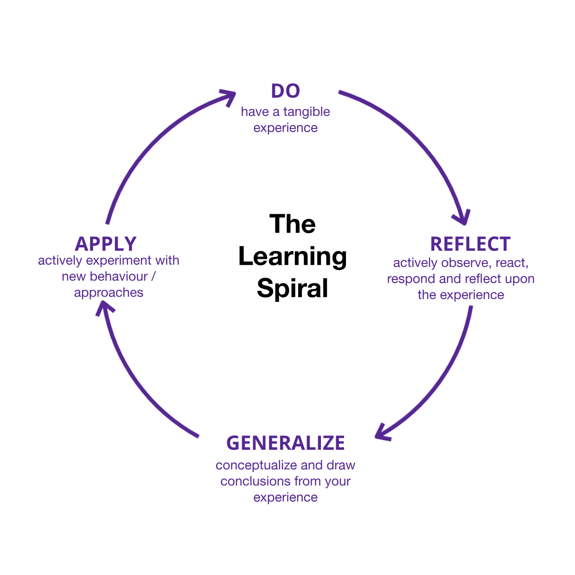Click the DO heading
286,91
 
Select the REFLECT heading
470,244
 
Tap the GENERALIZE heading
285,443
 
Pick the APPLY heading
106,244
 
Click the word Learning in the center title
293,256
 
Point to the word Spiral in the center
293,288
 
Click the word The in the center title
293,224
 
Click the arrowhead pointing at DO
230,96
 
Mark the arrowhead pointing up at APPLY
104,307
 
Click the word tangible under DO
307,112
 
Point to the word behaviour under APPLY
118,276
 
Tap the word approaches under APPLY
109,293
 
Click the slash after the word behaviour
153,276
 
